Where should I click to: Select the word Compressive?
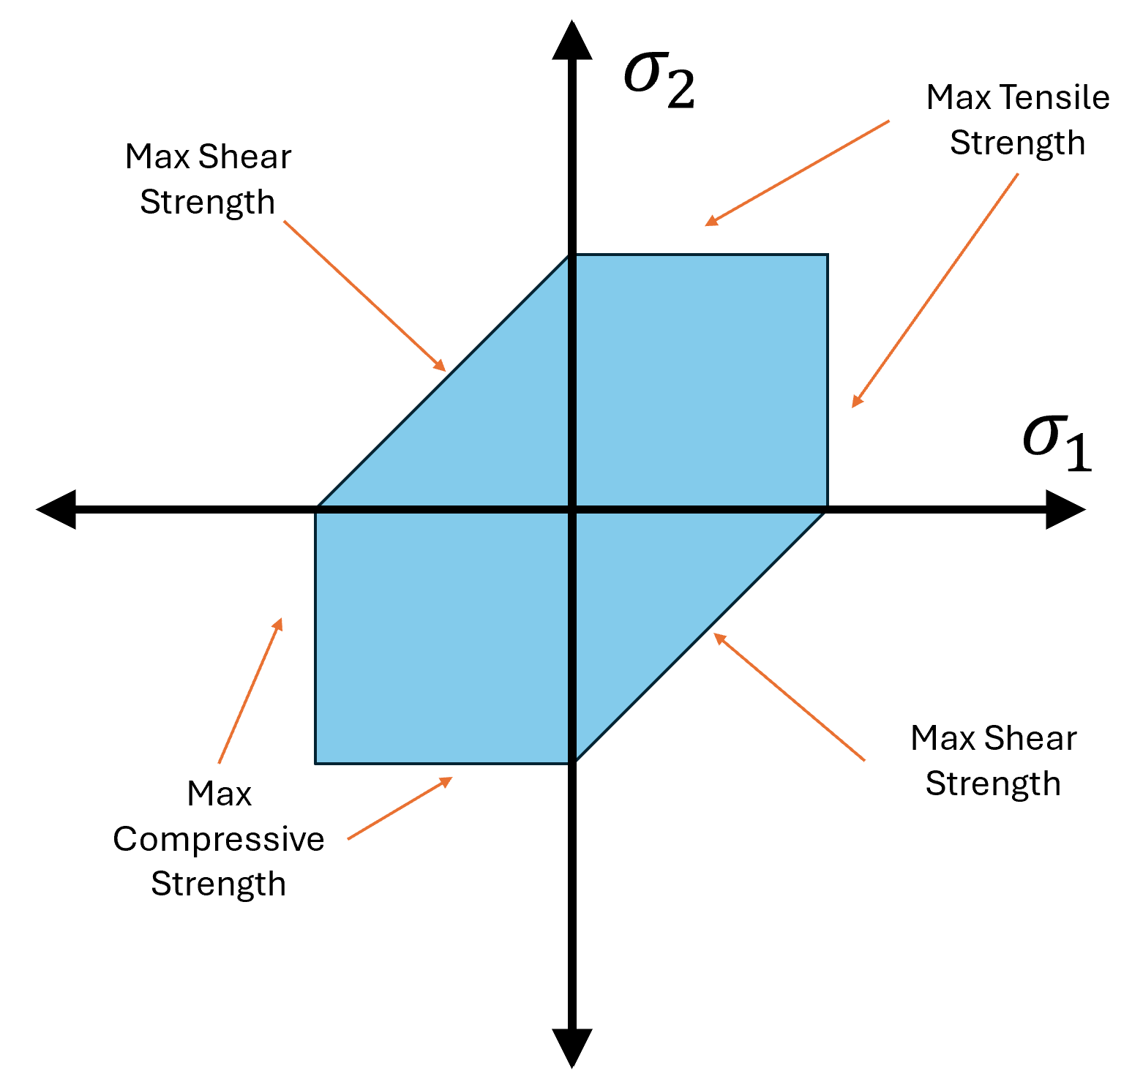[218, 839]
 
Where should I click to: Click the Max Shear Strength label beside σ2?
[208, 179]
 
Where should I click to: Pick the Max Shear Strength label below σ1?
[993, 761]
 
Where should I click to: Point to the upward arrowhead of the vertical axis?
[571, 40]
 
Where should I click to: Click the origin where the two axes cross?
[571, 508]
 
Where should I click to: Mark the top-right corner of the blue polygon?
[828, 255]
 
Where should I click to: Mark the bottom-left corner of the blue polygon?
[315, 763]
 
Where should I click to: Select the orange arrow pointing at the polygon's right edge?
[934, 290]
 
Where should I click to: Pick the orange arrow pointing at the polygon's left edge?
[250, 691]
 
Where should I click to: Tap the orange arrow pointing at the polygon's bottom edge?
[400, 808]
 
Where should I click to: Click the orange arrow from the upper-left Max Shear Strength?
[364, 296]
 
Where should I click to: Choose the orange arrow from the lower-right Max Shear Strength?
[789, 696]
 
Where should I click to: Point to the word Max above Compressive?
[219, 794]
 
